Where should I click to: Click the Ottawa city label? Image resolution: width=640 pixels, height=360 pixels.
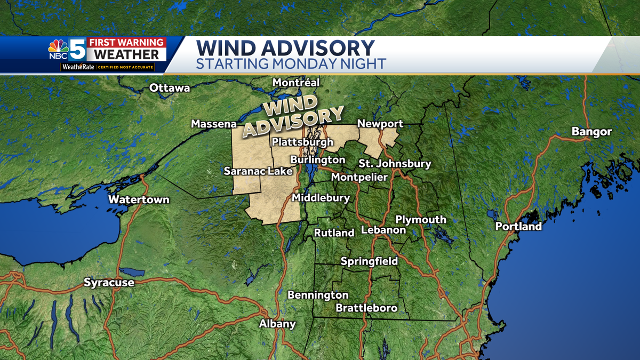(170, 88)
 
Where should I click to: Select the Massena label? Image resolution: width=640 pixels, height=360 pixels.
(214, 124)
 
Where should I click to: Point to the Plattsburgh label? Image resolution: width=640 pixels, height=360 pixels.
(302, 142)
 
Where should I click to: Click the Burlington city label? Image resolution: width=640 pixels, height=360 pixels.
(317, 159)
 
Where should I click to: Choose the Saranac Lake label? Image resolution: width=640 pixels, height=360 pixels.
(258, 171)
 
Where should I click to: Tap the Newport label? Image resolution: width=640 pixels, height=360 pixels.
(380, 124)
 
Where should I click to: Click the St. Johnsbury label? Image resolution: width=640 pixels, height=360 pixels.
(394, 164)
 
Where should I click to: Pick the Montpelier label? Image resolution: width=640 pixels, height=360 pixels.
(359, 177)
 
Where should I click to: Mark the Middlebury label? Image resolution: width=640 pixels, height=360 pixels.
(321, 198)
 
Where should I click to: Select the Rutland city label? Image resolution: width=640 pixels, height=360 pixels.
(334, 233)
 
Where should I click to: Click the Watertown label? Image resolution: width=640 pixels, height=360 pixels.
(139, 200)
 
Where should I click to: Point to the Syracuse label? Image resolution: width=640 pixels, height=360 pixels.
(109, 283)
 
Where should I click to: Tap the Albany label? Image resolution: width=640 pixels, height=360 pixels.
(277, 324)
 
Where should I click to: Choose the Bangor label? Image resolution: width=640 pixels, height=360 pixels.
(591, 132)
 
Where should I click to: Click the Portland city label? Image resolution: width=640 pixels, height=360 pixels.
(518, 227)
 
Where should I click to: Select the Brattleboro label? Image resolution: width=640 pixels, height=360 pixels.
(366, 308)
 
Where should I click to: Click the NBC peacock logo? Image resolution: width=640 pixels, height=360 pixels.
(58, 49)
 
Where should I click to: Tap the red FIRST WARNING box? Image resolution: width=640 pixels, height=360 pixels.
(126, 43)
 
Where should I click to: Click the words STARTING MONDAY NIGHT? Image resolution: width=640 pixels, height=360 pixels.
(291, 64)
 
